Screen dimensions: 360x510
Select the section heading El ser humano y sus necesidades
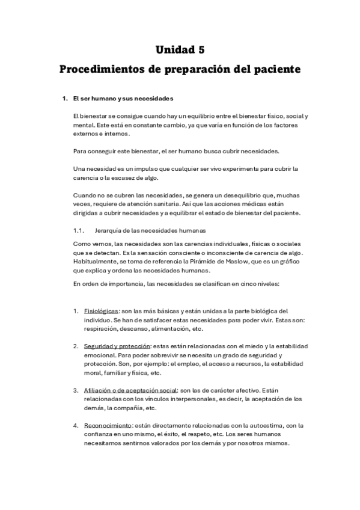[123, 98]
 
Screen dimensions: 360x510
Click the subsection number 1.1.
[79, 230]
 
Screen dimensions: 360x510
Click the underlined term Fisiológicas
[101, 312]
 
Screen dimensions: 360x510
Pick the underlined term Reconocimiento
[108, 425]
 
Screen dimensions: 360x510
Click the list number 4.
[76, 425]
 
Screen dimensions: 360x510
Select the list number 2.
[76, 346]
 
